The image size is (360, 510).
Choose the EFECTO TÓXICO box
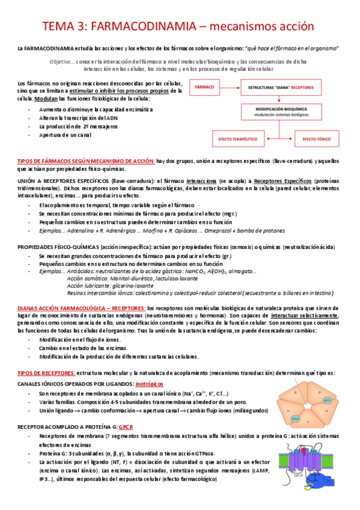[318, 140]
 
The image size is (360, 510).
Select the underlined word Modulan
[46, 98]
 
